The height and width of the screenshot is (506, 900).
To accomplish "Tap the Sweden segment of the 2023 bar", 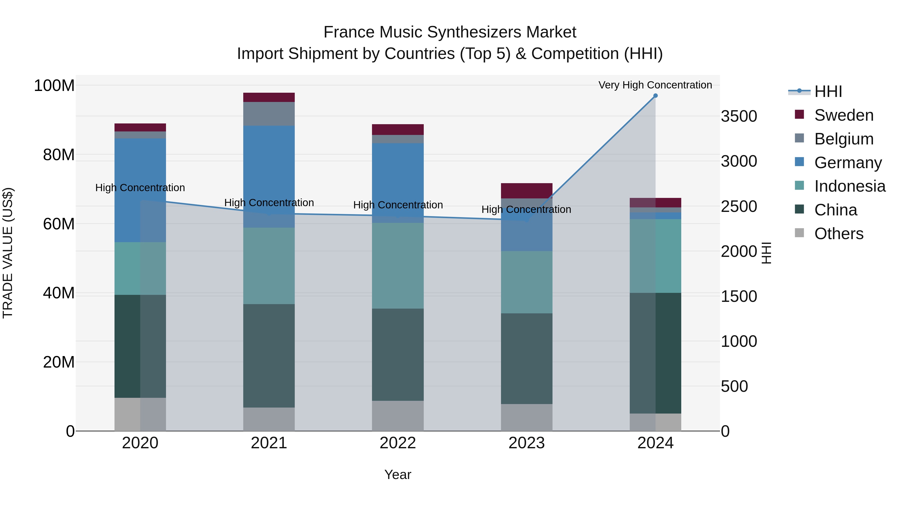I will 526,191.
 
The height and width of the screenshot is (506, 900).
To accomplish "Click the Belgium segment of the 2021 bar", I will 269,114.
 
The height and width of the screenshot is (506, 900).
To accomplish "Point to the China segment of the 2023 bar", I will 526,359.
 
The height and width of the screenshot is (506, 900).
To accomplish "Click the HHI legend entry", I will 828,91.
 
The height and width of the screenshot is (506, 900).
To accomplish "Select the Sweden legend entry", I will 843,115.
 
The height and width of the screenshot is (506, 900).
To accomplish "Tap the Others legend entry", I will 838,234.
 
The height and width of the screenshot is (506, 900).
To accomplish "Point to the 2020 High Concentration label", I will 140,187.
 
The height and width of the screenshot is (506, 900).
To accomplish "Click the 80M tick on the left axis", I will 59,155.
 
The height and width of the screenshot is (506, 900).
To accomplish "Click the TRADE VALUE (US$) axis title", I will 8,253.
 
